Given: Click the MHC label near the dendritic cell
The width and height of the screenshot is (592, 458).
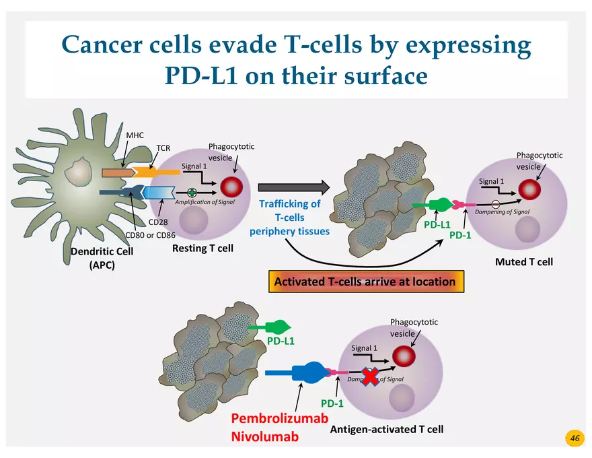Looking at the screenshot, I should coord(135,135).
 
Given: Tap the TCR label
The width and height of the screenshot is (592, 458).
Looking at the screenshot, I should coord(163,148).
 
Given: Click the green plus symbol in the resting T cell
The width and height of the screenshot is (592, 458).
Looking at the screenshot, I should coord(192,193).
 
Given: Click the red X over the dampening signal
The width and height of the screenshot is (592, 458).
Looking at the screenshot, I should coord(370,377).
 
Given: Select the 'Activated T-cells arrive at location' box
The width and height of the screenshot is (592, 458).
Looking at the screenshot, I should coord(365,282).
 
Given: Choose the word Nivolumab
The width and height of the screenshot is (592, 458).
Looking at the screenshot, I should coord(264,436).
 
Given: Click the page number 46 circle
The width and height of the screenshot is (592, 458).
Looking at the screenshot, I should coord(575,438).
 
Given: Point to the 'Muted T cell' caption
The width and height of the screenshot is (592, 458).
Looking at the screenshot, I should coord(524,261).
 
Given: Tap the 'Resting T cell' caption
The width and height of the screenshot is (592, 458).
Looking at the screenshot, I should coord(202,248).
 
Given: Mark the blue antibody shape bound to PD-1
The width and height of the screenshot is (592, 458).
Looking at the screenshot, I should coord(309,372).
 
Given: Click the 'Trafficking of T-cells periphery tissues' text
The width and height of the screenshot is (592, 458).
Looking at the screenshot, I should coord(289,218).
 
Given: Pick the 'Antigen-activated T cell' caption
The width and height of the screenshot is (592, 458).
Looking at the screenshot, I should coord(387,429).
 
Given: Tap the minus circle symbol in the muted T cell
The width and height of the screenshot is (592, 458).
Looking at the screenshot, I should coord(495,204).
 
